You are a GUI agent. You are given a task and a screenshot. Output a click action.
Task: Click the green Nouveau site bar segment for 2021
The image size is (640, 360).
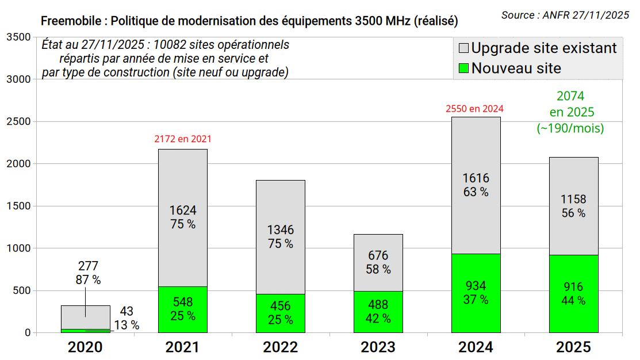[x=183, y=309]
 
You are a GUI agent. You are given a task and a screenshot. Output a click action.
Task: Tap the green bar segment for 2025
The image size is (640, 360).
[x=574, y=294]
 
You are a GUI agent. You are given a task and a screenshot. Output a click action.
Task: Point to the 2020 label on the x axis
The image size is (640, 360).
[x=85, y=347]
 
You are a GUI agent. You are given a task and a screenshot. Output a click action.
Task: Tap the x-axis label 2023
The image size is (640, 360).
[x=378, y=347]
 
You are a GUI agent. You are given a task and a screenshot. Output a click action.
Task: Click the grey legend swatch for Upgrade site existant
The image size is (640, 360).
[x=463, y=48]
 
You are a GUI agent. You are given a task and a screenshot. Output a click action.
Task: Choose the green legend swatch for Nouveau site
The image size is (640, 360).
[x=463, y=68]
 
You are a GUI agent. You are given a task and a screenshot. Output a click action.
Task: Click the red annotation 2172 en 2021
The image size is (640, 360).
[x=183, y=139]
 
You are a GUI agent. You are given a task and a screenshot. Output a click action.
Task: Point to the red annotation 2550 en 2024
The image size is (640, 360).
[x=475, y=108]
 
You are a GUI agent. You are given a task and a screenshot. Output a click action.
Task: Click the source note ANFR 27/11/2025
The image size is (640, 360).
[x=585, y=16]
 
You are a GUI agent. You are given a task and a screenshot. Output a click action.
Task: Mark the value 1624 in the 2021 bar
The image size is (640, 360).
[x=183, y=210]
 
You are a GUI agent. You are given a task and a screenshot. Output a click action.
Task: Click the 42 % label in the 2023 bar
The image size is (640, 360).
[x=378, y=318]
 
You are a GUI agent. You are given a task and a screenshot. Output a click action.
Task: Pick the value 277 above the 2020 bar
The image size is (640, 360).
[x=88, y=266]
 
